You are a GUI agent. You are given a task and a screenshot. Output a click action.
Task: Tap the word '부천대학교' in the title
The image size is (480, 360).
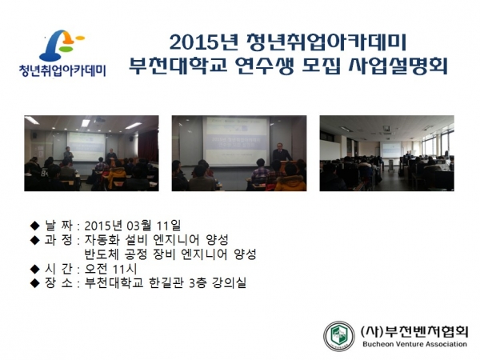[178, 66]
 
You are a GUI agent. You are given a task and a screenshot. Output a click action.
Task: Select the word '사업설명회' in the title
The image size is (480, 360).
[398, 66]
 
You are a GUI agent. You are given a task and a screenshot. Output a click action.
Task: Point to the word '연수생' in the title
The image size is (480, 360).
[264, 66]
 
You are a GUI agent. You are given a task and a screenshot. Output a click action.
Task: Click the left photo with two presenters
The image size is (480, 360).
[91, 153]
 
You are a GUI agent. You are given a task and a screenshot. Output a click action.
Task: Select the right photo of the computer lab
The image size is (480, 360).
[387, 153]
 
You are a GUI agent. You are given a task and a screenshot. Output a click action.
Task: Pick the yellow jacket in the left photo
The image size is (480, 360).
[117, 177]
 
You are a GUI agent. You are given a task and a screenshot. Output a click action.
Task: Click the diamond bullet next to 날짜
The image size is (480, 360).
[35, 226]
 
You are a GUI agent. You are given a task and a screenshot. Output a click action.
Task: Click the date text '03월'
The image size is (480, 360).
[139, 226]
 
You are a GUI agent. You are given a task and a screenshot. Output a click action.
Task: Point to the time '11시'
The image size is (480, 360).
[125, 269]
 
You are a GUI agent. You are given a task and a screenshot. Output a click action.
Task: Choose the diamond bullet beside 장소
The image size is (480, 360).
[35, 283]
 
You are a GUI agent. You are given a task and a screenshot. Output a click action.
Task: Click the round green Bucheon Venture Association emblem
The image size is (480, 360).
[339, 336]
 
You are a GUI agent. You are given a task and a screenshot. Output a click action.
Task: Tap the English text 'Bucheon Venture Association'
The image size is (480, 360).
[414, 344]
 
